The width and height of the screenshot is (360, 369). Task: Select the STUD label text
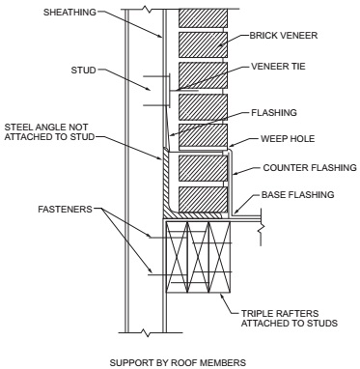(x=59, y=70)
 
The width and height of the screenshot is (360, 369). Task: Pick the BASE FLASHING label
(x=292, y=194)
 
